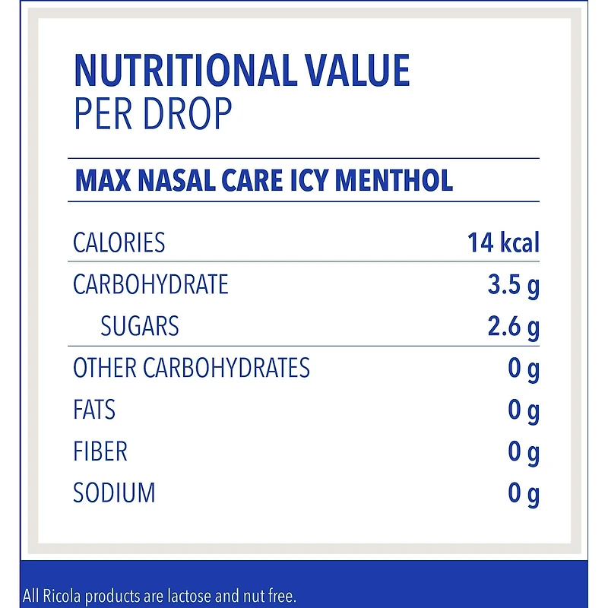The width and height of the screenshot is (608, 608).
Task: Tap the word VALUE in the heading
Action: [358, 71]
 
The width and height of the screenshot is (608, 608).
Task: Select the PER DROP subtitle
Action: [152, 114]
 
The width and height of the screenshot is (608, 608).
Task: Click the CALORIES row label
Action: [119, 243]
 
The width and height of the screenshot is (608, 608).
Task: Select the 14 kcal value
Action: [503, 243]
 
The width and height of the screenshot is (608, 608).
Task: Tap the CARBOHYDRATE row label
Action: [150, 285]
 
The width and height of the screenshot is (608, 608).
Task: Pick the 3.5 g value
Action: [513, 286]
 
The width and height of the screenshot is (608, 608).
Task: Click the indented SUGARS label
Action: [140, 327]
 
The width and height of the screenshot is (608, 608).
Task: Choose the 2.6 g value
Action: [513, 328]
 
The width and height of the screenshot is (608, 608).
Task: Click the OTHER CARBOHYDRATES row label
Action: [192, 369]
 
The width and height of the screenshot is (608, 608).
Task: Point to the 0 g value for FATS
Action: [524, 411]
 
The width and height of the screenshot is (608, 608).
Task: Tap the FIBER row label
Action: [100, 452]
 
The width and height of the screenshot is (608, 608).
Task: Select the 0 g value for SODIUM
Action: [524, 495]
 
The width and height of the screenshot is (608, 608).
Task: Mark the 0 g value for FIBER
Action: [524, 453]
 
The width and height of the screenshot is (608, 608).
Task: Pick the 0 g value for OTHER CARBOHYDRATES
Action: [524, 369]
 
